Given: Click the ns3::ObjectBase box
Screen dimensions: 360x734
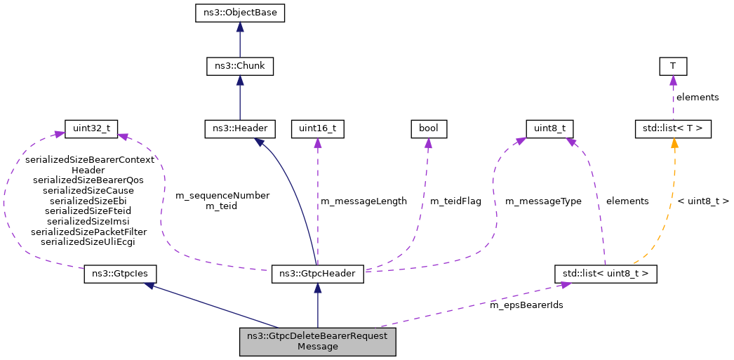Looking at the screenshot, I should pyautogui.click(x=240, y=13).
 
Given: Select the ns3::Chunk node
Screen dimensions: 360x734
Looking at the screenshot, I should pyautogui.click(x=240, y=67).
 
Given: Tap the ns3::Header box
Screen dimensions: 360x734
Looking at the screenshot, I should pyautogui.click(x=240, y=128).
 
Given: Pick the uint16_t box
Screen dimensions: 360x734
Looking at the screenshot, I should pyautogui.click(x=317, y=128).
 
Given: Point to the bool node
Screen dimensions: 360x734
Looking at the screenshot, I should pyautogui.click(x=428, y=128).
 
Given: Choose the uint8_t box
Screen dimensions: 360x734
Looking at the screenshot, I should pyautogui.click(x=550, y=128).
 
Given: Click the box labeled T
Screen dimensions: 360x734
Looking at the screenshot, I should pyautogui.click(x=673, y=67).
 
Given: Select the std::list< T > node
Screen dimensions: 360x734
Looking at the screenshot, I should pyautogui.click(x=673, y=128).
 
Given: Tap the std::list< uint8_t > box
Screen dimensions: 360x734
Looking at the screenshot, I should pyautogui.click(x=605, y=273).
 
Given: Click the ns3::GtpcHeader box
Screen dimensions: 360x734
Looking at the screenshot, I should pyautogui.click(x=317, y=273).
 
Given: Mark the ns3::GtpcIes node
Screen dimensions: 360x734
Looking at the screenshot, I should pyautogui.click(x=120, y=273).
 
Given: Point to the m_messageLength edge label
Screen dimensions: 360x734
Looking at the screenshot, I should pyautogui.click(x=363, y=201).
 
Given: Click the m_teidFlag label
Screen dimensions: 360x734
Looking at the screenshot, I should pyautogui.click(x=455, y=201).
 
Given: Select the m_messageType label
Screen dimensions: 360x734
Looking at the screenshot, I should pyautogui.click(x=543, y=201).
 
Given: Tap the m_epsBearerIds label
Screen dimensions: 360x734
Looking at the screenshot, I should pyautogui.click(x=526, y=305).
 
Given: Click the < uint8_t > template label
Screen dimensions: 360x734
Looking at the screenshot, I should pyautogui.click(x=703, y=201).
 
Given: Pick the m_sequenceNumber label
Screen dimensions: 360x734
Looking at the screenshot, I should pyautogui.click(x=222, y=196).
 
